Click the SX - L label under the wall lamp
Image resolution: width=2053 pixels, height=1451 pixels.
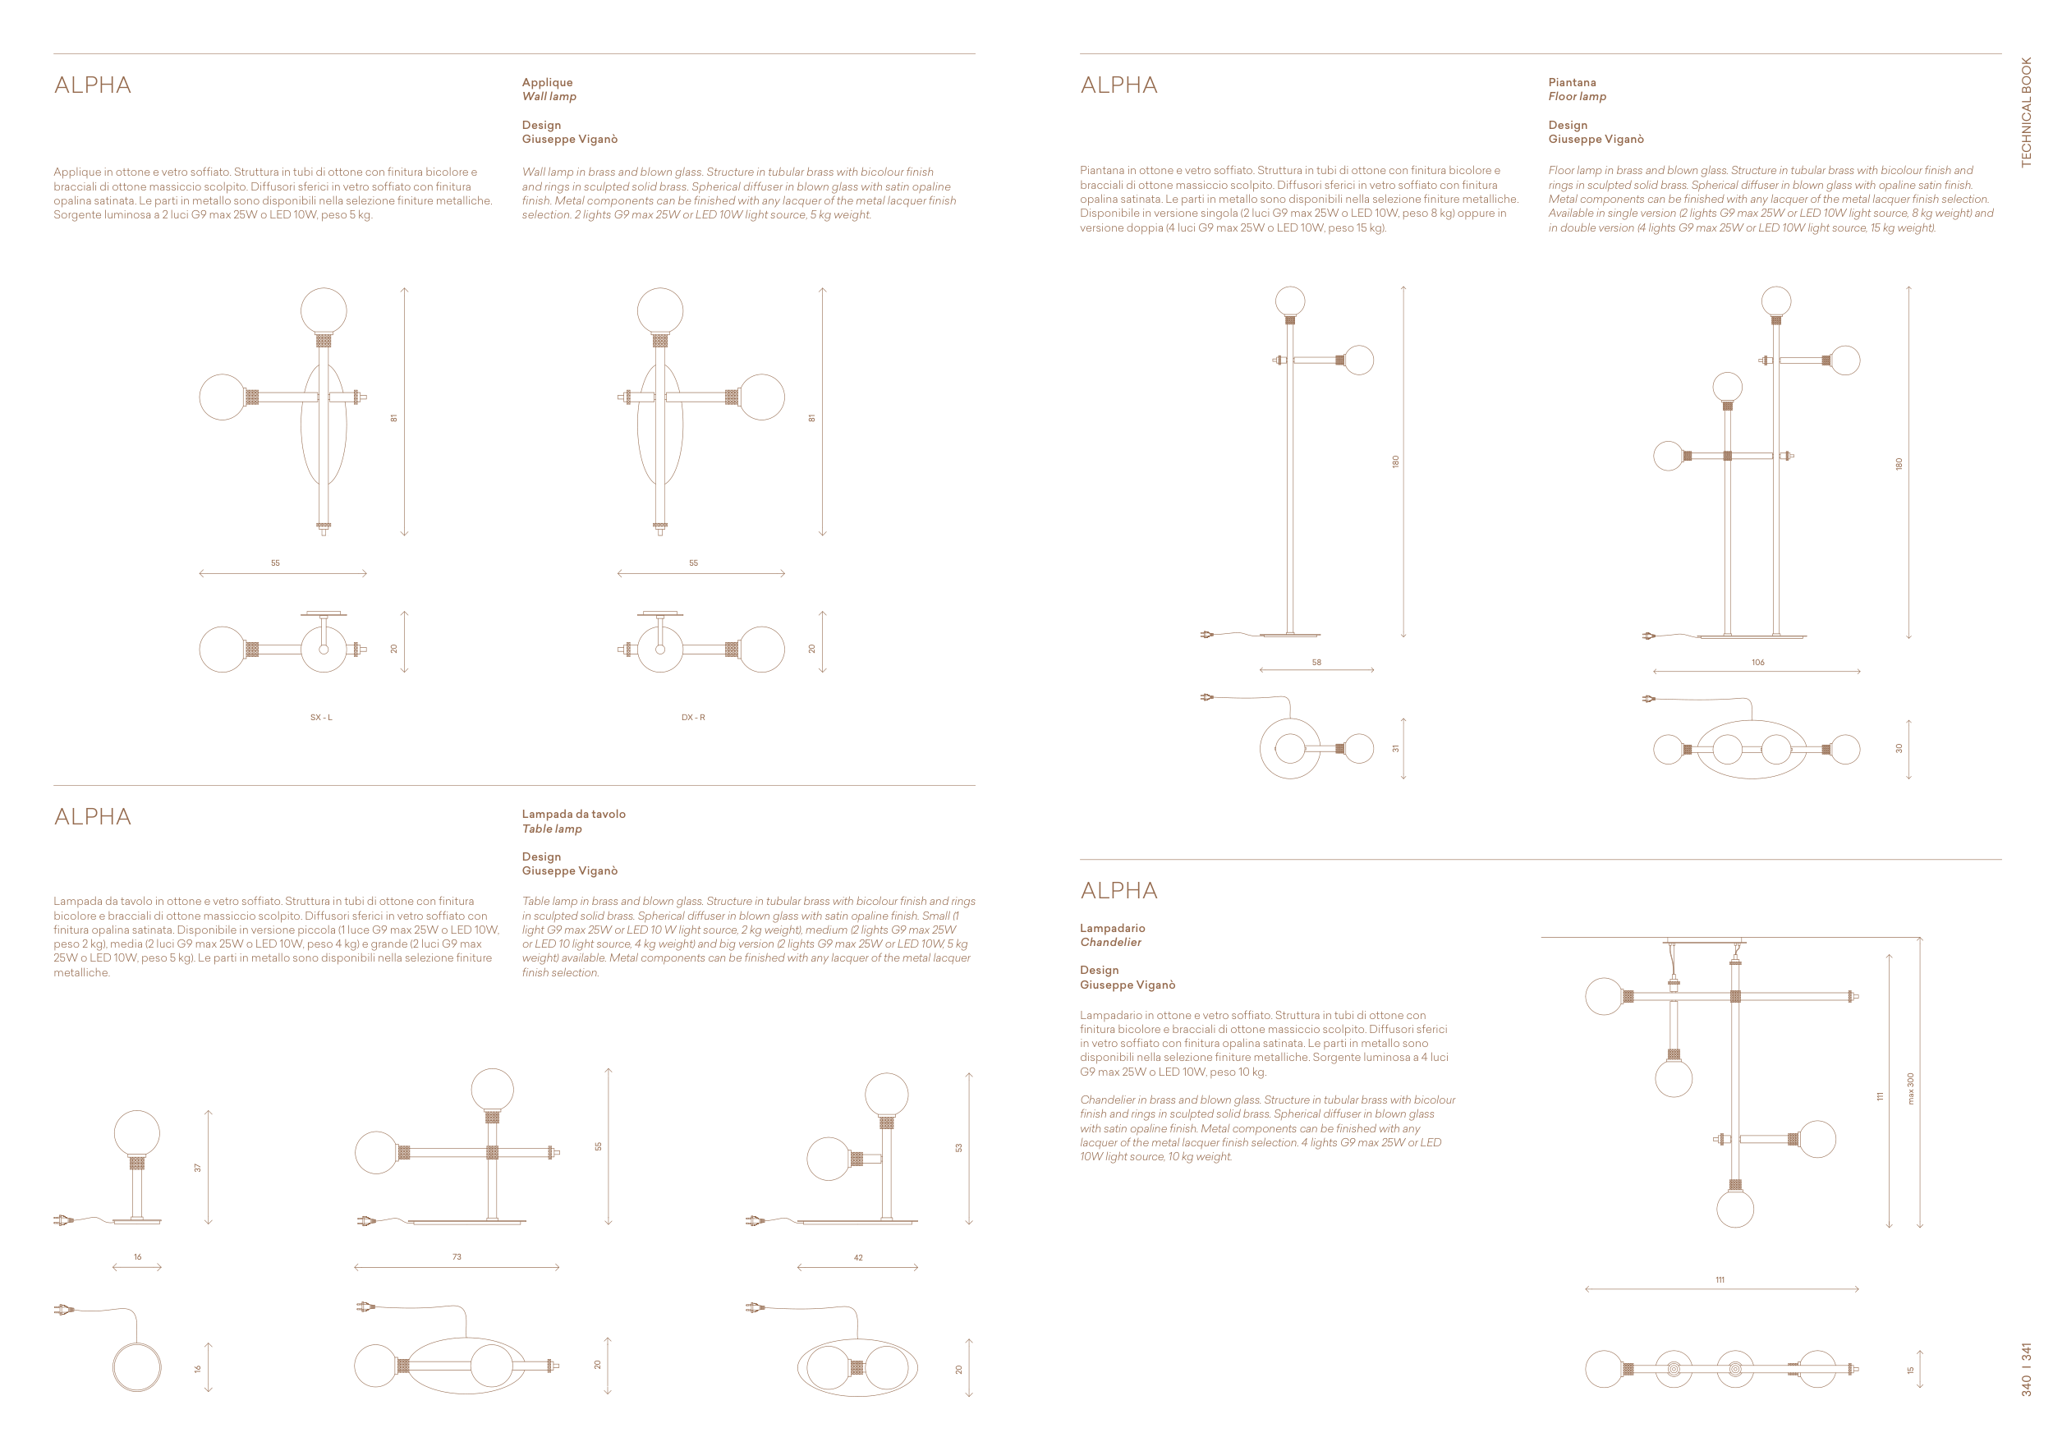click(321, 717)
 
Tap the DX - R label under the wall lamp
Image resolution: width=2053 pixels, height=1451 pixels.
click(693, 717)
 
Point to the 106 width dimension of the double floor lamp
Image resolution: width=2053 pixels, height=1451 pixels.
click(1758, 663)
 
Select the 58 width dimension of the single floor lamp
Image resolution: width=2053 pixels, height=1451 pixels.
click(1316, 663)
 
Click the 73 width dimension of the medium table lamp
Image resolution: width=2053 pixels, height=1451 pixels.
click(457, 1257)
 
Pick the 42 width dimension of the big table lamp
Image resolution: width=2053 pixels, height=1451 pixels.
click(858, 1258)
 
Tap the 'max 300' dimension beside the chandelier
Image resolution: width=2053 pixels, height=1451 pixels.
click(1911, 1088)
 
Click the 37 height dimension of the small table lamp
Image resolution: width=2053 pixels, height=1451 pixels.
click(198, 1168)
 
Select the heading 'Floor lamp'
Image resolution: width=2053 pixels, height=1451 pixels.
click(1578, 97)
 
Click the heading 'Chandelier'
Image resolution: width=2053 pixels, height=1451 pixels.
click(1110, 943)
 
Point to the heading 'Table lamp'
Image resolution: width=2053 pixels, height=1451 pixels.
click(552, 829)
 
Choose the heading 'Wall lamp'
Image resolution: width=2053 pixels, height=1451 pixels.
click(549, 97)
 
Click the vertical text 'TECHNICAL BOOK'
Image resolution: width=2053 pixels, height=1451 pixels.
click(2026, 112)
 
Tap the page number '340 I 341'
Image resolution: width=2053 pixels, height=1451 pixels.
click(2026, 1369)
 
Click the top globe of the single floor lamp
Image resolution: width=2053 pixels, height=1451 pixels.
click(1290, 301)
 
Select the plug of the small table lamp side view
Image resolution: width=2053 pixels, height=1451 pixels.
click(62, 1219)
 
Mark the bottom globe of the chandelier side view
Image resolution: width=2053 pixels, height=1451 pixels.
click(1734, 1209)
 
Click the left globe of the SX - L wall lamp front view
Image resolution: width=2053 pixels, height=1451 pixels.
click(222, 397)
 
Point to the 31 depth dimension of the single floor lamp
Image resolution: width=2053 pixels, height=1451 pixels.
click(1395, 748)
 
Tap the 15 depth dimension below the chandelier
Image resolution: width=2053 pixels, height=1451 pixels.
click(1911, 1370)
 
